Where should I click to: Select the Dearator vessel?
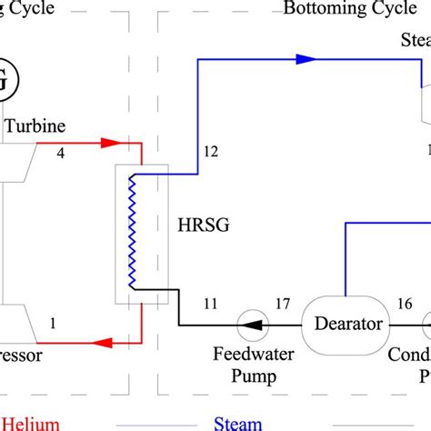tap(345, 324)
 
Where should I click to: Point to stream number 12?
tap(210, 153)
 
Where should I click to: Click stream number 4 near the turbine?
tap(62, 154)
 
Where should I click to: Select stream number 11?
tap(211, 305)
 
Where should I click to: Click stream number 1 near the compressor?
tap(54, 321)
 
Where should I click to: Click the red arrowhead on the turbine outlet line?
tap(110, 142)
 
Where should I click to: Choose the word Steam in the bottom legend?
tap(238, 423)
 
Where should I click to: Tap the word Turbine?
tap(35, 128)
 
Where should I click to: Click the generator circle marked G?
tap(5, 81)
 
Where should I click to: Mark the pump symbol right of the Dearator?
tap(427, 324)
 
